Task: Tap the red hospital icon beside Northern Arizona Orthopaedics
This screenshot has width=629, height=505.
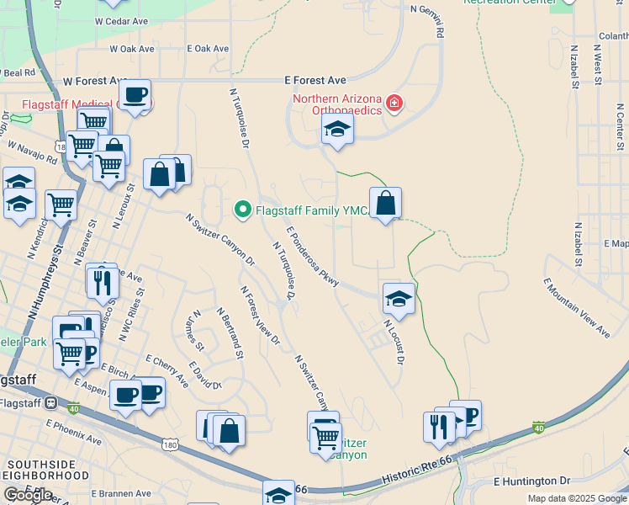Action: point(394,104)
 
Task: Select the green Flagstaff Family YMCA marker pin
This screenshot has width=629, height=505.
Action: point(243,208)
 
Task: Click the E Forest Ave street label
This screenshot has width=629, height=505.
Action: point(315,80)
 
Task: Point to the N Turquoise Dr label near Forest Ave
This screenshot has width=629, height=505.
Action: point(239,118)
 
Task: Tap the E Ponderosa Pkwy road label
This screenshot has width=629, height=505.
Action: point(312,257)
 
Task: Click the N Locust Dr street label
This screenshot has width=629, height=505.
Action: point(394,341)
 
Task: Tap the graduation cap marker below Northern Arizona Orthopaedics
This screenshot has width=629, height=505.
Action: point(337,129)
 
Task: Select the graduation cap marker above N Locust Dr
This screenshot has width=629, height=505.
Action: point(399,298)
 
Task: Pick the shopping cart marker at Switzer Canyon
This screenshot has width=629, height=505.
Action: point(325,436)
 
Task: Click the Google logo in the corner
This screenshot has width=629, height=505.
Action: point(28,495)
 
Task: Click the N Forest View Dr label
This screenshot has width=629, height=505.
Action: point(261,315)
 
